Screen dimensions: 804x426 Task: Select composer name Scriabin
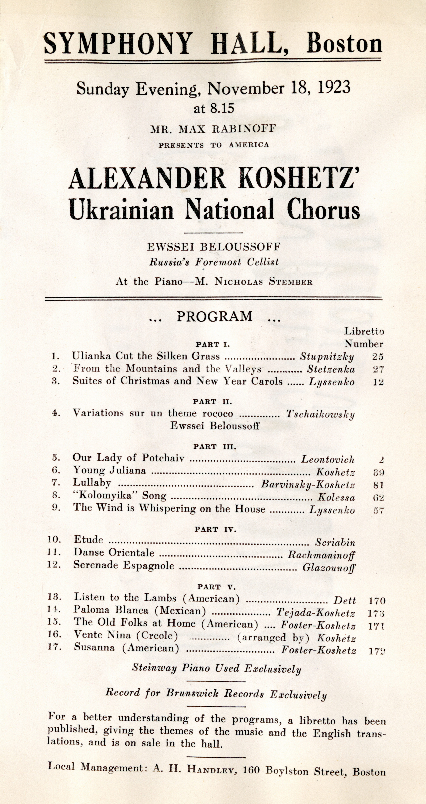point(335,542)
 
